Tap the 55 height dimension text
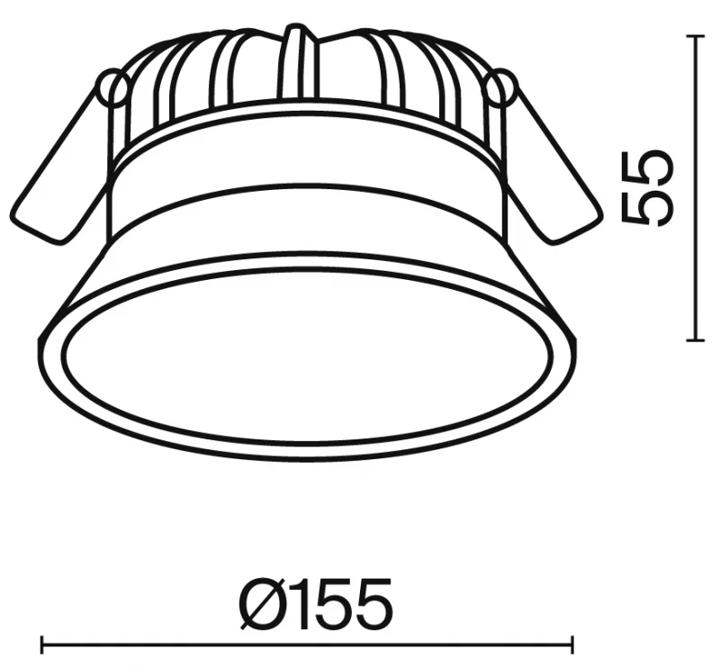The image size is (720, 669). click(x=646, y=188)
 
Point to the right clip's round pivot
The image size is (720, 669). click(x=502, y=86)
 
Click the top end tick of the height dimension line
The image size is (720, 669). click(x=696, y=36)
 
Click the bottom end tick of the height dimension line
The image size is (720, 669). click(x=696, y=340)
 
